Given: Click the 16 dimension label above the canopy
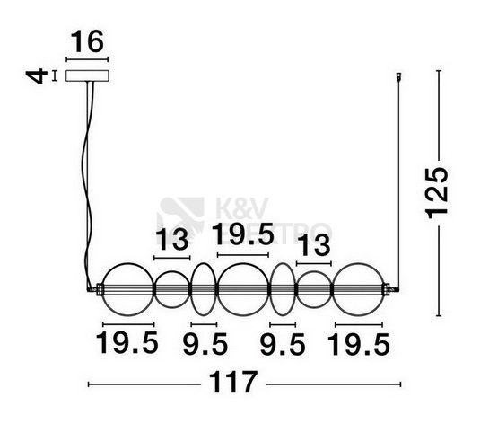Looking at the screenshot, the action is pos(87,42).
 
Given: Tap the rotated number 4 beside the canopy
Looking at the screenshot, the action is pos(37,76).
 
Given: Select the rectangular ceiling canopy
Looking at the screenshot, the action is pos(87,75).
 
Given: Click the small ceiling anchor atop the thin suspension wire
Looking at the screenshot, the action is pos(398,76).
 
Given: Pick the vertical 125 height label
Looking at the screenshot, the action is pos(437,192).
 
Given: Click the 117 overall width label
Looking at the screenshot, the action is pos(233,382).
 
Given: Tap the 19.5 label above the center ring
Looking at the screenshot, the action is pos(242,234).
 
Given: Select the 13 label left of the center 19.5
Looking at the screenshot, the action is pos(172,240).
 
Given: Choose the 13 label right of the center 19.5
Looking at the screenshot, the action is pos(314,245).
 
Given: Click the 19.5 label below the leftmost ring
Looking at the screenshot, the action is pos(127,343).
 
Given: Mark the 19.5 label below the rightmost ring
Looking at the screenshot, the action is pos(359,344).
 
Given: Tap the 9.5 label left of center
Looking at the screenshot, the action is pos(205,344).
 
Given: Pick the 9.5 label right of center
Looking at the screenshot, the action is pos(283,344).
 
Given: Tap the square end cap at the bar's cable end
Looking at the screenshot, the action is pos(100,289).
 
